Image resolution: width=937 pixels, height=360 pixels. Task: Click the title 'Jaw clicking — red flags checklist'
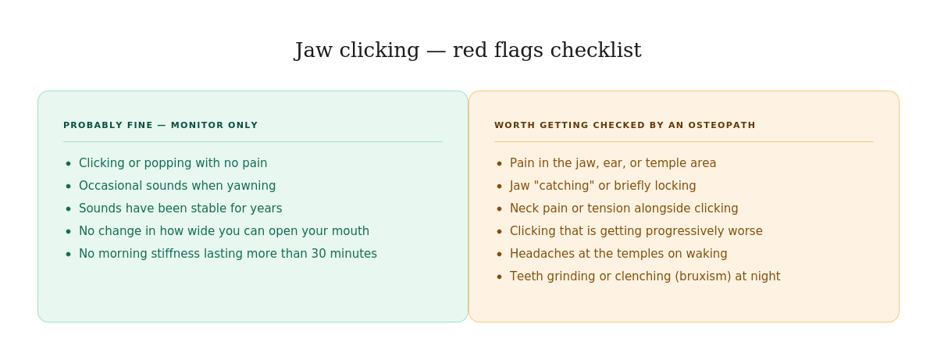[x=468, y=51]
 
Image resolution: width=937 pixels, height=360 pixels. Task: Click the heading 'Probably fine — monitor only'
[x=160, y=125]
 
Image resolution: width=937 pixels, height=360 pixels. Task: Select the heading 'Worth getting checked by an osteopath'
[x=625, y=125]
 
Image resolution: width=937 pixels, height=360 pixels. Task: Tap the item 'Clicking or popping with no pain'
[x=173, y=163]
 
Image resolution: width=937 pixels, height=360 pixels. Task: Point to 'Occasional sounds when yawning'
[x=177, y=186]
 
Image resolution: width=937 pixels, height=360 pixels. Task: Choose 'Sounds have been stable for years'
[x=180, y=209]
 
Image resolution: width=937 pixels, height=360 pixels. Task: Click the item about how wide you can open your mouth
[x=224, y=231]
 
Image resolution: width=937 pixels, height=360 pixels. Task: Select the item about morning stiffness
[x=228, y=254]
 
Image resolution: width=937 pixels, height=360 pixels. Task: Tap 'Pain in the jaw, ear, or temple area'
[x=613, y=163]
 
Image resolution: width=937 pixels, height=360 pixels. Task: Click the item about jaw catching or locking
[x=603, y=186]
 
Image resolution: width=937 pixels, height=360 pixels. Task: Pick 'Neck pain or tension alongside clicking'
[x=624, y=209]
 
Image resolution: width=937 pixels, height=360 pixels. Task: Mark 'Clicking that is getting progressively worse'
[x=636, y=231]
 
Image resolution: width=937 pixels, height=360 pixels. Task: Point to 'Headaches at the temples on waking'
[x=618, y=254]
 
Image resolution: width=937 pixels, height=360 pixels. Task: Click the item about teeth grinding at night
[x=645, y=276]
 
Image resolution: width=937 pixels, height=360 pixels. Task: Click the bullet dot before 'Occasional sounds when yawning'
[x=69, y=187]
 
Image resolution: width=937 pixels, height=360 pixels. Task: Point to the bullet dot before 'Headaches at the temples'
[x=500, y=255]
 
